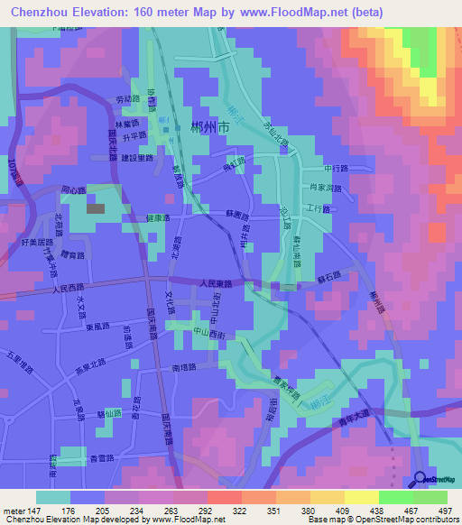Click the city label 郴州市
(211, 130)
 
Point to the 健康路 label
(156, 219)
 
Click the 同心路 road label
(72, 190)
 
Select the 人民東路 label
(217, 283)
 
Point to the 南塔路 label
(183, 368)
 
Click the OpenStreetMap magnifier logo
(420, 480)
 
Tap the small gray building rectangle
(96, 208)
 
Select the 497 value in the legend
(445, 510)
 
